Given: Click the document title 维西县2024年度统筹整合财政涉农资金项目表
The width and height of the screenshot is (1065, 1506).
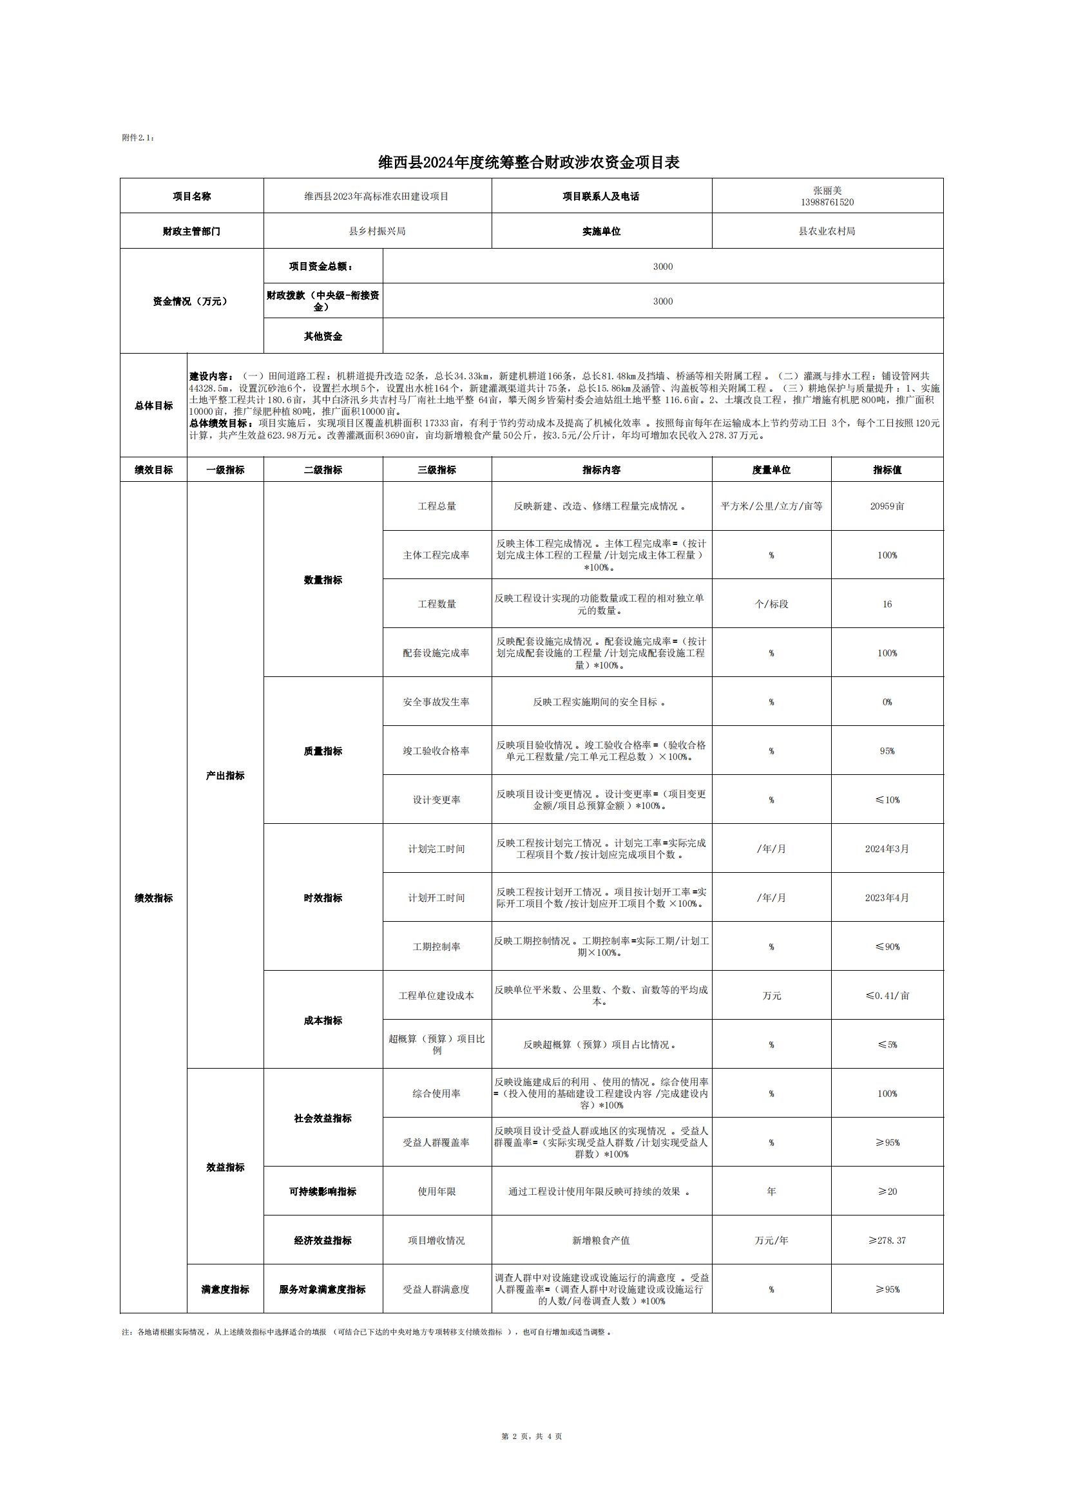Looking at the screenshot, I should [x=528, y=162].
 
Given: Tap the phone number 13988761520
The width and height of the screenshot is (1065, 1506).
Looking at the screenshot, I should [x=827, y=202].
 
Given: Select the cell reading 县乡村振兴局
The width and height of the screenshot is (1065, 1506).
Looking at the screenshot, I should [x=378, y=231].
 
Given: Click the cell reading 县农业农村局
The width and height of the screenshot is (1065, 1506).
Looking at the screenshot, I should [x=827, y=231].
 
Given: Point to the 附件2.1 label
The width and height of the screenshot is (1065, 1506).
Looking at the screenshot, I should [x=138, y=138].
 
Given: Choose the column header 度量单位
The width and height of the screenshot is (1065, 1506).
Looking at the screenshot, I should [x=771, y=470].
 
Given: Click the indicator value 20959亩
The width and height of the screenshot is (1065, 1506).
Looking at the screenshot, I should [x=887, y=506].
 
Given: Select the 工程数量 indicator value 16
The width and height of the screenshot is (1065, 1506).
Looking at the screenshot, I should [x=887, y=604].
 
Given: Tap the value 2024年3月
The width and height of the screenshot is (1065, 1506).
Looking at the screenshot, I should [x=887, y=849].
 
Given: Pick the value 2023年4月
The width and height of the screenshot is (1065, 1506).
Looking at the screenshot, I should [x=887, y=897].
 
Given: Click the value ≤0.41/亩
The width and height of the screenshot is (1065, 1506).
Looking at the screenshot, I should [x=887, y=996].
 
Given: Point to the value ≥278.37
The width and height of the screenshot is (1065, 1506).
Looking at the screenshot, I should [x=887, y=1241].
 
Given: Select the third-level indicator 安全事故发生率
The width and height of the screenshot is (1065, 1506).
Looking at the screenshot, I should [x=436, y=702].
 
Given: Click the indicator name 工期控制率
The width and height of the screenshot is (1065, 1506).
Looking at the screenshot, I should [x=436, y=946].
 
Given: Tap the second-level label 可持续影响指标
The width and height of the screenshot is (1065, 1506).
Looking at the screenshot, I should [x=323, y=1191].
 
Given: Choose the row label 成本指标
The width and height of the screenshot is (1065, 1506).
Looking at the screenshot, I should [x=323, y=1020].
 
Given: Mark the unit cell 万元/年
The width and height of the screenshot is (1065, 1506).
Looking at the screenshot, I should [x=771, y=1241].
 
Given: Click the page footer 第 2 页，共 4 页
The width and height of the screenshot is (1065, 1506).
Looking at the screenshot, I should [x=532, y=1436].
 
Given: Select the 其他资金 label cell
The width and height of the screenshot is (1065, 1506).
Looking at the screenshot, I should [x=323, y=336].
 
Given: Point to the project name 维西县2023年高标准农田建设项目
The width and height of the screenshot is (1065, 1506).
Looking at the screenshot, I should [x=377, y=196].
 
